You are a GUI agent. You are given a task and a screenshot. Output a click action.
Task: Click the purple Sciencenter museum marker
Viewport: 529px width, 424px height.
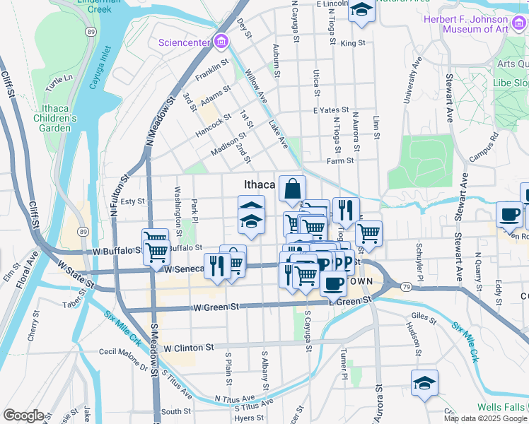pyautogui.click(x=221, y=42)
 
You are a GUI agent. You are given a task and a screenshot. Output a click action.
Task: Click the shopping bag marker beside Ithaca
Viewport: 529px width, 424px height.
pyautogui.click(x=292, y=189)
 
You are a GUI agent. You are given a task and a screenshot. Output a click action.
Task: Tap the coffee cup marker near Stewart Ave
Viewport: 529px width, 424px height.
pyautogui.click(x=509, y=214)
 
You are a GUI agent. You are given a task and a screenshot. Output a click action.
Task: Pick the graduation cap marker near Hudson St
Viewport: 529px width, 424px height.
pyautogui.click(x=425, y=383)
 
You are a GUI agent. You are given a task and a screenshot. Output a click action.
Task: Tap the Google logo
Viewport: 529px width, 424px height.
pyautogui.click(x=24, y=416)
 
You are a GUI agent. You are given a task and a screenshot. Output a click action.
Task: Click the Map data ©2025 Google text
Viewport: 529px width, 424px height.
pyautogui.click(x=485, y=418)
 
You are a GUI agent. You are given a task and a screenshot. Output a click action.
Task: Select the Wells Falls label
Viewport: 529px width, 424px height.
pyautogui.click(x=501, y=407)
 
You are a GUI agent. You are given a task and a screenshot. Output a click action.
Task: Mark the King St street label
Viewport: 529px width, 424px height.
pyautogui.click(x=352, y=43)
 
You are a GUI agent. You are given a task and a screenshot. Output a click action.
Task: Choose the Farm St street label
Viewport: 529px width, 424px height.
pyautogui.click(x=340, y=161)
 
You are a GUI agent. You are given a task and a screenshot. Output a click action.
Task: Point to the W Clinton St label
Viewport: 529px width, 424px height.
pyautogui.click(x=188, y=348)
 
